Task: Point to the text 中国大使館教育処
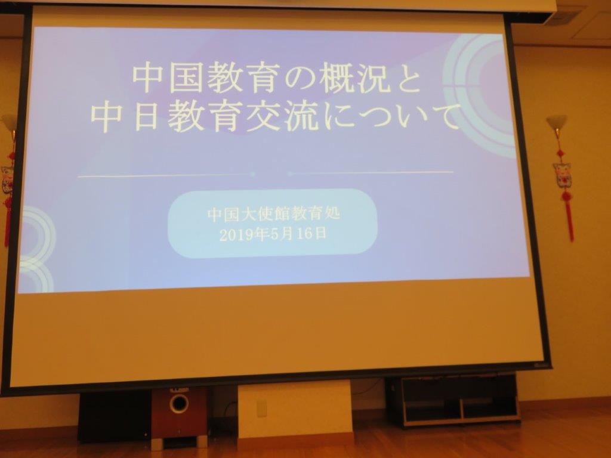point(273,214)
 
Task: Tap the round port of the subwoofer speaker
point(179,404)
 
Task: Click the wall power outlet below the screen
point(261,408)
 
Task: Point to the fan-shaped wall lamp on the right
point(556,123)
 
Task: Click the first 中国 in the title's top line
point(168,79)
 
